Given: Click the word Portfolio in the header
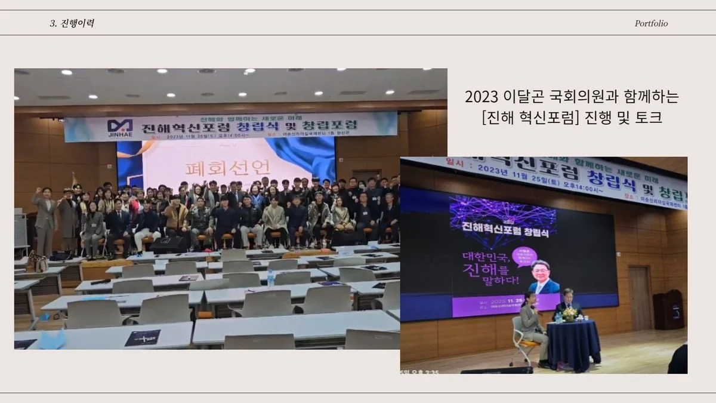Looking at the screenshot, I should (651, 24).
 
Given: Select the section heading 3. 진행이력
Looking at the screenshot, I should (72, 24).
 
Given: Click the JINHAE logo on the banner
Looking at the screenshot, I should (120, 127).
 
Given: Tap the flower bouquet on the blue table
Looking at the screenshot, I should (570, 313).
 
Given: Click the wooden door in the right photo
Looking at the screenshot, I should (640, 297).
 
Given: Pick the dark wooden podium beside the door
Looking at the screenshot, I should (668, 309).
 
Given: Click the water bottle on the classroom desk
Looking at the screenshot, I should (270, 278).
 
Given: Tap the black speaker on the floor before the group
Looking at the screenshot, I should (168, 244).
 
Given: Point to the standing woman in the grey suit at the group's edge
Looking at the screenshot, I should (45, 220).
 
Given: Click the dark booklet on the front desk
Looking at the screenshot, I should (142, 337).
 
